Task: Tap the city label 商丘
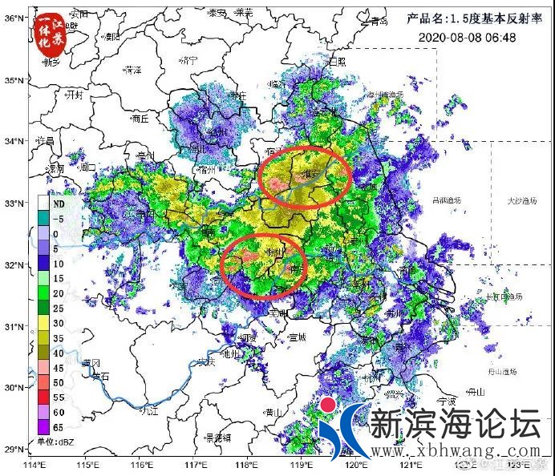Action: (140, 118)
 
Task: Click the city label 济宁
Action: (188, 60)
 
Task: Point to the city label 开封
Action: (75, 94)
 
